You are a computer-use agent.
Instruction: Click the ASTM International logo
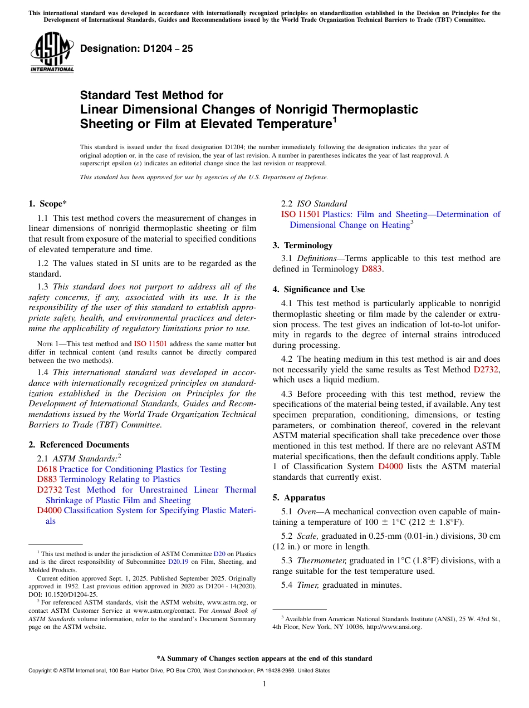[52, 52]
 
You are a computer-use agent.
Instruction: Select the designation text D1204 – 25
[136, 48]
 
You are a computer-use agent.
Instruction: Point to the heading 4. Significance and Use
[319, 289]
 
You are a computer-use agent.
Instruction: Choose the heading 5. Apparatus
[298, 497]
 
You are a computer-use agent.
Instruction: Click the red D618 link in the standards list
[47, 469]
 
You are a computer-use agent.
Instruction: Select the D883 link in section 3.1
[372, 269]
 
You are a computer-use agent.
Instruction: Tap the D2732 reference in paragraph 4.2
[487, 369]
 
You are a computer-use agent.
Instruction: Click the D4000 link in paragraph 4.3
[390, 466]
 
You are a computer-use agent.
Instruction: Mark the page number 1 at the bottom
[264, 684]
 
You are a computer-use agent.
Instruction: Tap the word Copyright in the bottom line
[41, 671]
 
